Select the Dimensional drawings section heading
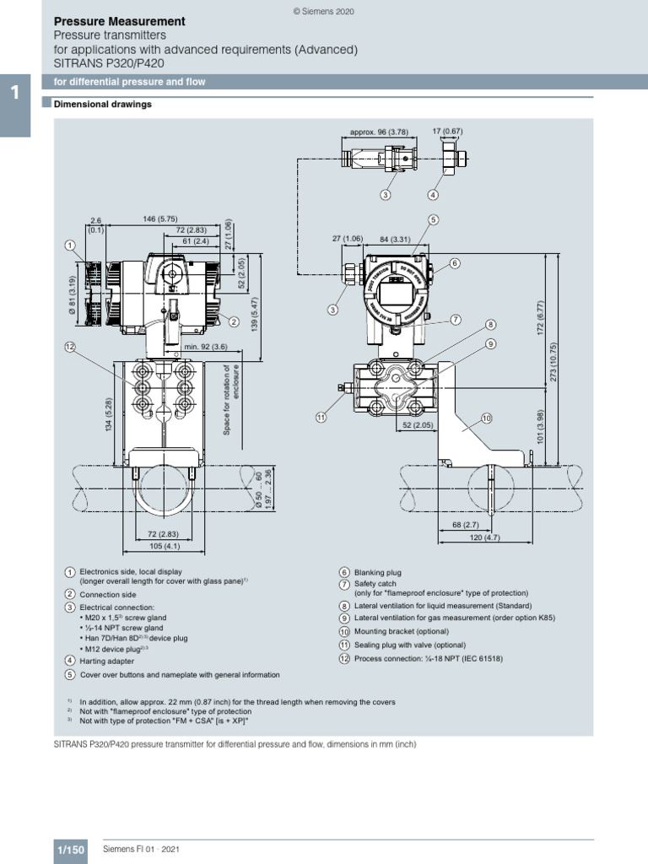coord(103,105)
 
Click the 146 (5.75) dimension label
coord(160,219)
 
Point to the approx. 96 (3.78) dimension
coord(379,132)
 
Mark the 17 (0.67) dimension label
coord(447,132)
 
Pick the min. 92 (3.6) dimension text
coord(206,347)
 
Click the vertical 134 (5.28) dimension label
coord(108,414)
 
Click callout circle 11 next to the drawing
coord(321,417)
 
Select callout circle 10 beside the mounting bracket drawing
coord(486,418)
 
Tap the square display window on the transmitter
coord(394,292)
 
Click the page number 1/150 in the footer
coord(72,850)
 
